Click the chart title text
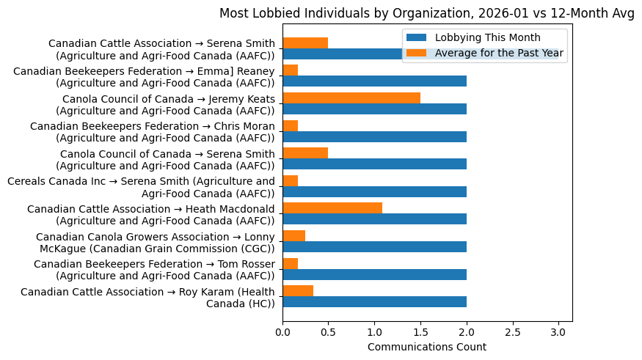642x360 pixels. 426,14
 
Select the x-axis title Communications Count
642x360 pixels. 426,346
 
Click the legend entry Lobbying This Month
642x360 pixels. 487,37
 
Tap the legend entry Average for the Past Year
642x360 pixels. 499,53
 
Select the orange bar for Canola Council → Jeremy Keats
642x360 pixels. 351,98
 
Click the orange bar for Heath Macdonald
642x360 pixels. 332,208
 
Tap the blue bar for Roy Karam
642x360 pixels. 374,302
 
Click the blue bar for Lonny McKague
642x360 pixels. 374,247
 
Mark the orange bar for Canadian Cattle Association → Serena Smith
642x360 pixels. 305,43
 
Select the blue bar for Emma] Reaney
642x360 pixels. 374,81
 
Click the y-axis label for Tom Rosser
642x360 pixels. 154,269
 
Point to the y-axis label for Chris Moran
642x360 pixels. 153,132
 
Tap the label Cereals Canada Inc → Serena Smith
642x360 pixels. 141,187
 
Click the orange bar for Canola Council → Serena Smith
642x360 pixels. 305,153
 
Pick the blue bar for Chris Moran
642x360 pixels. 374,137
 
